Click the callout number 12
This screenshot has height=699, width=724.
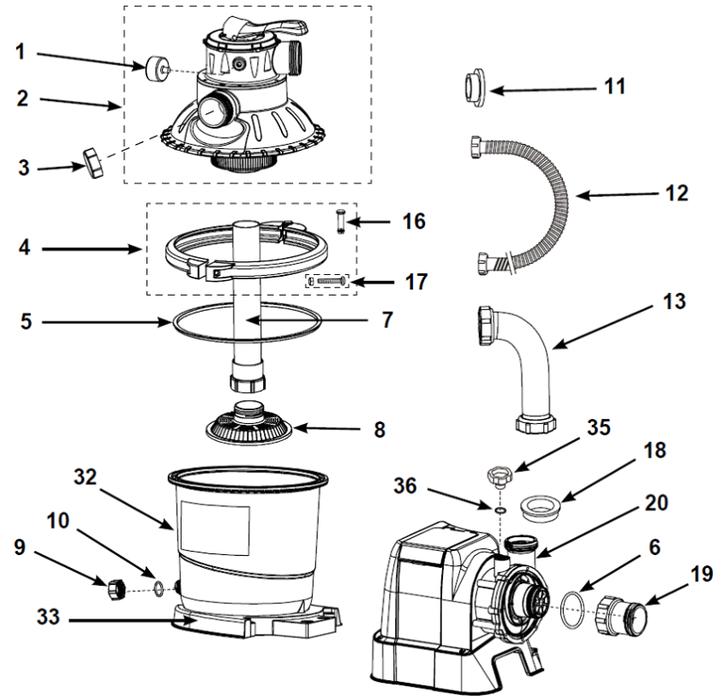(677, 193)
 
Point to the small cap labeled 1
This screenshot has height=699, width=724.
(157, 68)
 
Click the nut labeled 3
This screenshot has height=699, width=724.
(93, 163)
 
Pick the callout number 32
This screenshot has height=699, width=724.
(86, 476)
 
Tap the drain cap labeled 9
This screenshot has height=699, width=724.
(116, 589)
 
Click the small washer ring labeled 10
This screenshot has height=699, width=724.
(158, 588)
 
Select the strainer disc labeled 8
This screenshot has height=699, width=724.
(248, 422)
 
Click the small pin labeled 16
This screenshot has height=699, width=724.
(341, 221)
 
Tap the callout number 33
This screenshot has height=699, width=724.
(49, 618)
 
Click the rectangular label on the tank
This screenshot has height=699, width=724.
(215, 529)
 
